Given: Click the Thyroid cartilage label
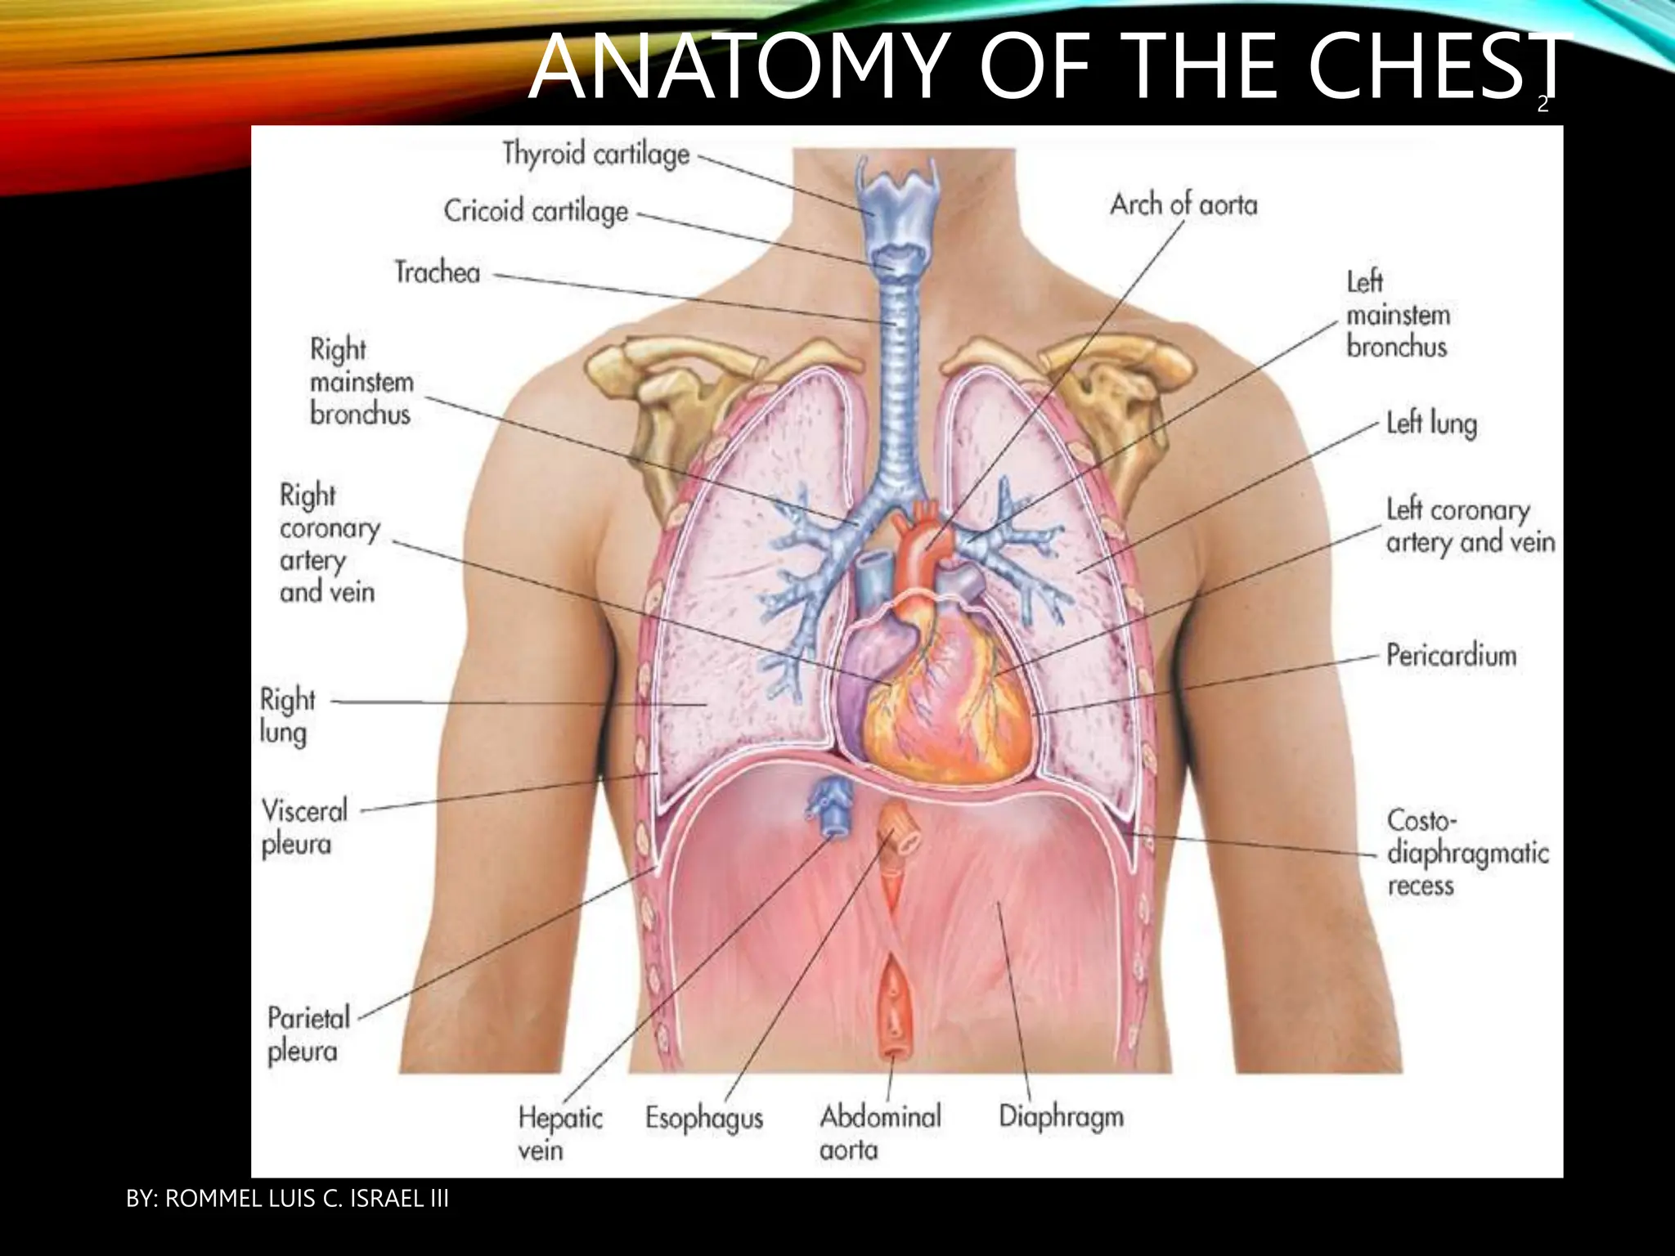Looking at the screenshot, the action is tap(595, 154).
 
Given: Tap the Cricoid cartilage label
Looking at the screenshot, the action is tap(536, 211).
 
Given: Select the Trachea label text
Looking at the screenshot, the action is tap(438, 272).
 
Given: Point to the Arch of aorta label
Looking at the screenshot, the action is tap(1183, 204).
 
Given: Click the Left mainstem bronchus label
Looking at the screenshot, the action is tap(1397, 315).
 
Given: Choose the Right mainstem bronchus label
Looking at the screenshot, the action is tap(361, 382).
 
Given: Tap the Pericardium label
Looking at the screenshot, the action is tap(1451, 656).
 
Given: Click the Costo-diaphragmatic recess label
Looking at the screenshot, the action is tap(1466, 853).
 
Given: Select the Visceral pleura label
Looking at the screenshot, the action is tap(304, 828).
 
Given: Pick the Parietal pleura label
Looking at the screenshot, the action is tap(308, 1034).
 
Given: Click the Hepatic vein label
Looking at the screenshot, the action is tap(559, 1133).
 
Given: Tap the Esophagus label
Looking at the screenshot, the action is tap(703, 1119).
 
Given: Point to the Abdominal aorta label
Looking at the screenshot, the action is tap(880, 1133).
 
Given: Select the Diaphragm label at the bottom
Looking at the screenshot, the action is tap(1061, 1117).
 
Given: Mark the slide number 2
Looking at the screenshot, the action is tap(1543, 105).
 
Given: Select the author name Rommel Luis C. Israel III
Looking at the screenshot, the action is tap(287, 1199).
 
